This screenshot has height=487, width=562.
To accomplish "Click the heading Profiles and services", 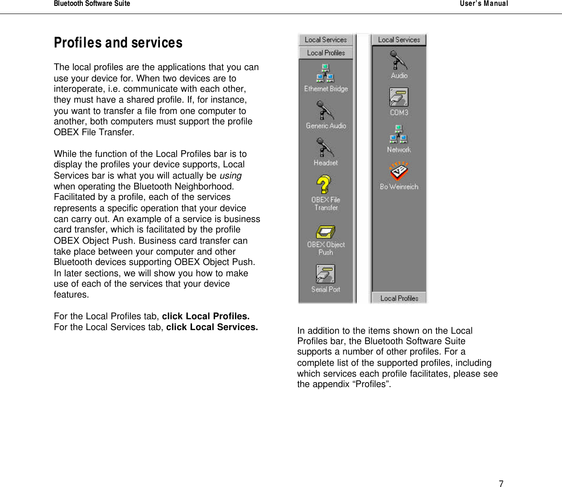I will click(118, 43).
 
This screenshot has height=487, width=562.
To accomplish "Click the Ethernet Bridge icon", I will click(325, 74).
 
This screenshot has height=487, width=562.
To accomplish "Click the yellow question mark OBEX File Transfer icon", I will click(324, 184).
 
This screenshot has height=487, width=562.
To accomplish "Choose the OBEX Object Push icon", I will click(325, 232).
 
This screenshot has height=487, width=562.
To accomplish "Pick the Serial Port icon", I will click(325, 274).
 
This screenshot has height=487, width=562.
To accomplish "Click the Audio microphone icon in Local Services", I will click(399, 61).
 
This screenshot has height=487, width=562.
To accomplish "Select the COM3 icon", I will click(399, 97).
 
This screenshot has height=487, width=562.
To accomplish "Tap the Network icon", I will click(399, 134).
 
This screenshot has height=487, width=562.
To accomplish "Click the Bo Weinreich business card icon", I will click(399, 171).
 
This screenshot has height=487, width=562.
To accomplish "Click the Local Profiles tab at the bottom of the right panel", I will click(399, 298).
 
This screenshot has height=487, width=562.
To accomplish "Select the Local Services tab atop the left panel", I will click(326, 40).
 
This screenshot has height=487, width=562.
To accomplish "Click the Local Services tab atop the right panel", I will click(399, 40).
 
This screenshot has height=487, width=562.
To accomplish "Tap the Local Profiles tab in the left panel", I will click(326, 53).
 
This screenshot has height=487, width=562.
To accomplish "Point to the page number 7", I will click(501, 483).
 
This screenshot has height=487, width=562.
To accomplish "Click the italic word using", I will click(231, 175).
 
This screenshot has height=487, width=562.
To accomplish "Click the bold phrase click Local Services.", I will click(212, 327).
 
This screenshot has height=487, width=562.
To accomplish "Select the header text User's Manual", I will click(484, 4).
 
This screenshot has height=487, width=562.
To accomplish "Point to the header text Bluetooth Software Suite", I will click(92, 4).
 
